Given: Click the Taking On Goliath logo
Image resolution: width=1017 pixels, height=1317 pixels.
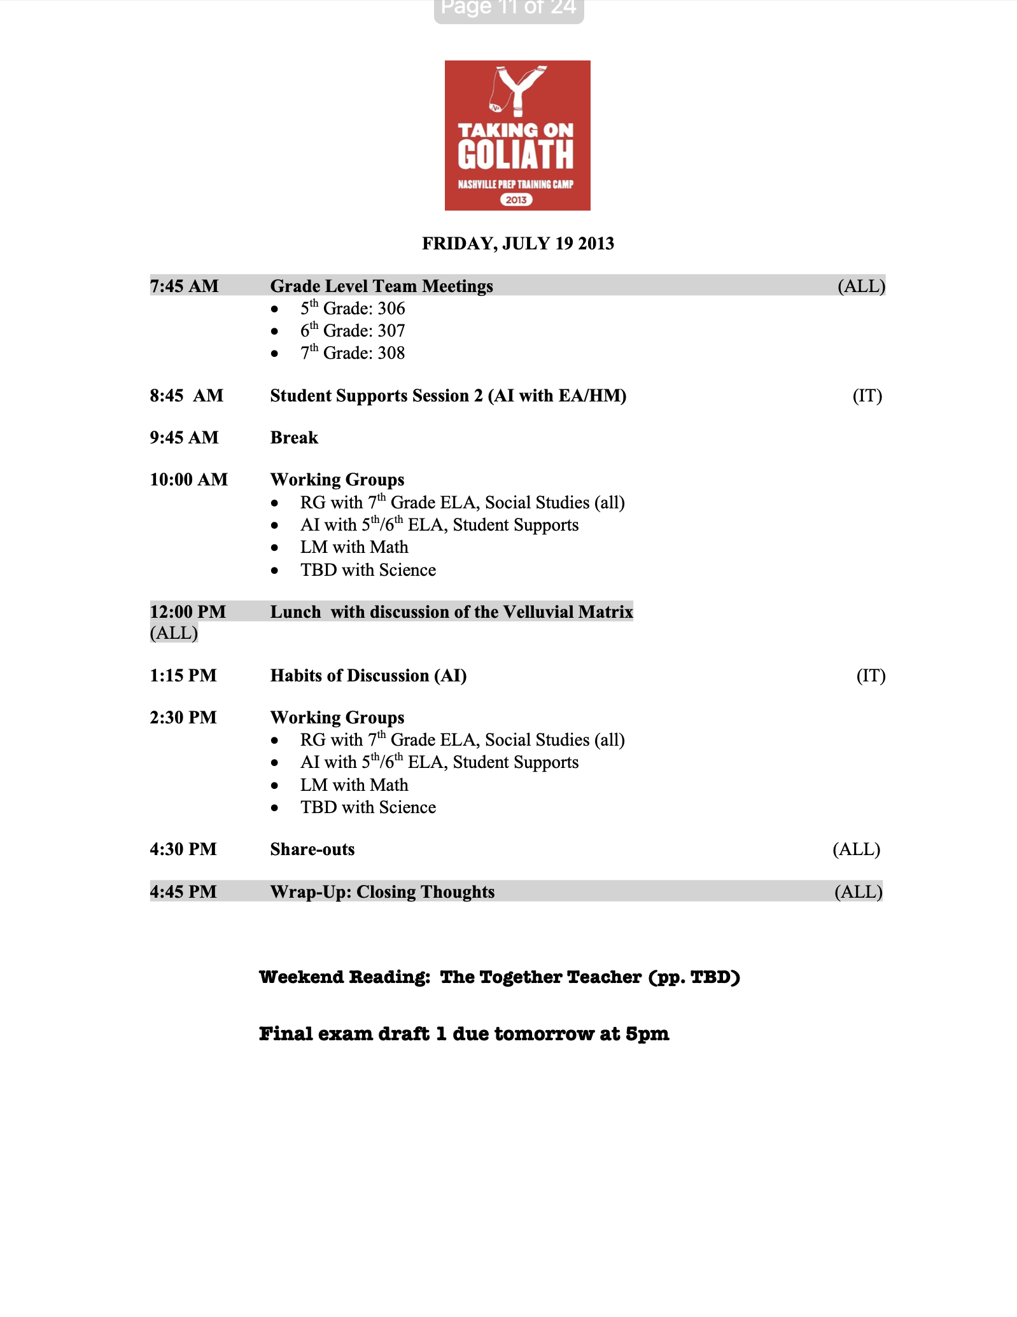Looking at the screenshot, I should pos(517,136).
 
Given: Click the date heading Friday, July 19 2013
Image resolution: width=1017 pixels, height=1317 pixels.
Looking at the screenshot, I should pos(517,244).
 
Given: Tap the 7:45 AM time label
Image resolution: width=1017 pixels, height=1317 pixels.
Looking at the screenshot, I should pos(184,286).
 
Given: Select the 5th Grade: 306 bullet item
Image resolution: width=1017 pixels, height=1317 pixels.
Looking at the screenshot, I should pos(353,309).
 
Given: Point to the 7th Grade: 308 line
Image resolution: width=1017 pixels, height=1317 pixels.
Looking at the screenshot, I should pos(353,353).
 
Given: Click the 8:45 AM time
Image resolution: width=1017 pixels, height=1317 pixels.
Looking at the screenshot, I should pos(186,396).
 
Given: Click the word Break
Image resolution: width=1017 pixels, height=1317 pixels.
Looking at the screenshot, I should pos(294,438).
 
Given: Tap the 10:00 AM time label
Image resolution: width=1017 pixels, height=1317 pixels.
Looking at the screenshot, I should pos(188,480).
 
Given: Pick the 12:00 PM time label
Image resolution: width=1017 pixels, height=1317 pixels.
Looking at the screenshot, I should pos(188,612).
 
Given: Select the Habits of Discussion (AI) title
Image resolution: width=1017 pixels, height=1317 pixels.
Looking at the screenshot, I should pos(368,676).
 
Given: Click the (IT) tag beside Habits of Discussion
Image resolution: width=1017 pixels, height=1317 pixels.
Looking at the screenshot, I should pos(871,676).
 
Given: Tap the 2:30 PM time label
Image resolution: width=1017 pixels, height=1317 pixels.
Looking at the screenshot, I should pos(183,718).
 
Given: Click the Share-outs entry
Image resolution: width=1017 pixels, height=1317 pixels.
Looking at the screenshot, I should pos(312,849).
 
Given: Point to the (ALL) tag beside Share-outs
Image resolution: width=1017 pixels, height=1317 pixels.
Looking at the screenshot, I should pos(856,849).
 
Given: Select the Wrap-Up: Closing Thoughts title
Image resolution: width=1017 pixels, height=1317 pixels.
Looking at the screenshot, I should pos(382,892).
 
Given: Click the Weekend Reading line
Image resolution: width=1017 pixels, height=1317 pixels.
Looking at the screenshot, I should pos(500,977).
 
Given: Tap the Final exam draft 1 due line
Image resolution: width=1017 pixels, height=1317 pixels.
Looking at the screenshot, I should pos(464,1034).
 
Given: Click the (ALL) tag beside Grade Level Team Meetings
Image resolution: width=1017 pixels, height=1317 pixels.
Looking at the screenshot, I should pos(861,286).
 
